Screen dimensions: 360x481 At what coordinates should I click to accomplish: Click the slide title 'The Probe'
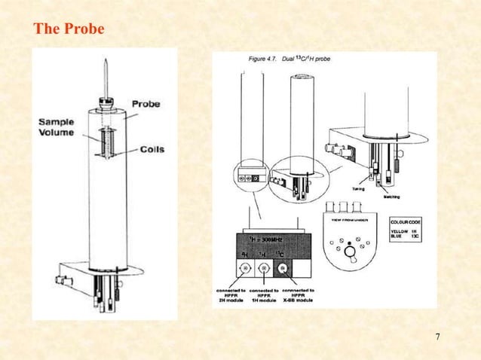69,29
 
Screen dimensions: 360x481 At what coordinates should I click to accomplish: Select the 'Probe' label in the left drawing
146,103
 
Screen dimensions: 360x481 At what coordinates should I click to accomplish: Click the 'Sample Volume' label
57,127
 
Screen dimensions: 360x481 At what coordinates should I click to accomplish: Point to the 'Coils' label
152,149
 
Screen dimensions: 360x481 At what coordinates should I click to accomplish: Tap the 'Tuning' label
361,189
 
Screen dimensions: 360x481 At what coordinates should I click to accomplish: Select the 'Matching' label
392,196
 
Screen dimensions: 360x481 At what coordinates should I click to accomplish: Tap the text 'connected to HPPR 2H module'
233,294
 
